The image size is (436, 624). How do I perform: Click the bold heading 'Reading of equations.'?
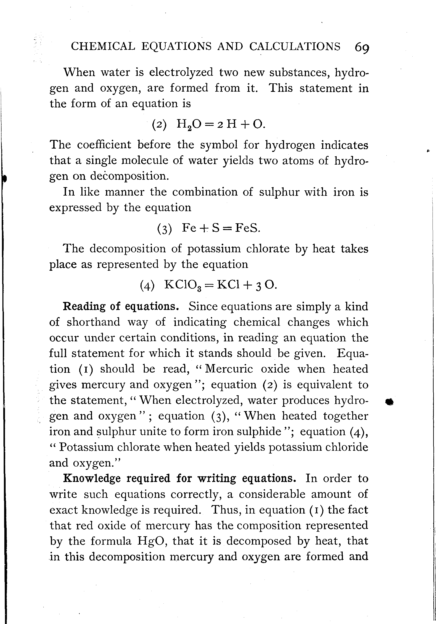(x=121, y=306)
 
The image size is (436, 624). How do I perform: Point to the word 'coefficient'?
(x=104, y=145)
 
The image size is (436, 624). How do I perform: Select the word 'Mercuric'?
(x=229, y=369)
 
